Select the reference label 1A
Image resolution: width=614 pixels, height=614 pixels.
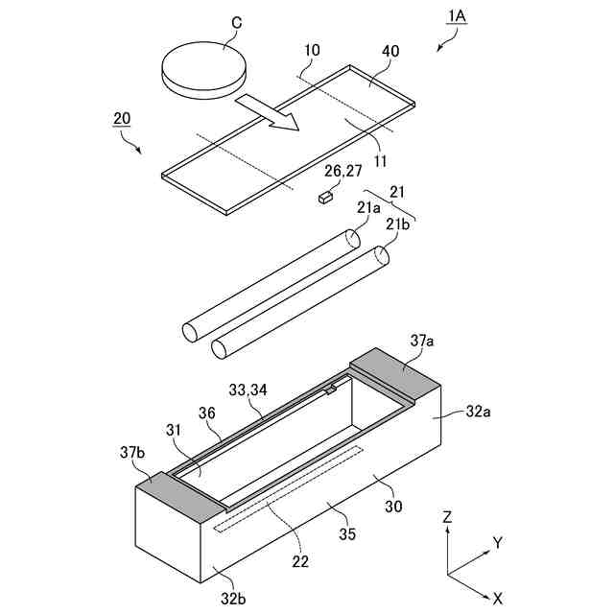pyautogui.click(x=454, y=16)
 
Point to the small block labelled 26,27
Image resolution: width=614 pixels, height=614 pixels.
pyautogui.click(x=325, y=198)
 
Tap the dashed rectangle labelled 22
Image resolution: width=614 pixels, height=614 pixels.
pyautogui.click(x=287, y=488)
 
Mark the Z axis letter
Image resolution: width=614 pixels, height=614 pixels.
pyautogui.click(x=447, y=516)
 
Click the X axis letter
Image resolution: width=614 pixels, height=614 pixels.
pyautogui.click(x=496, y=600)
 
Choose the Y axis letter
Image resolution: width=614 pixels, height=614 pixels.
pyautogui.click(x=498, y=543)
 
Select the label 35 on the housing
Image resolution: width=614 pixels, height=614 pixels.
pyautogui.click(x=347, y=533)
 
